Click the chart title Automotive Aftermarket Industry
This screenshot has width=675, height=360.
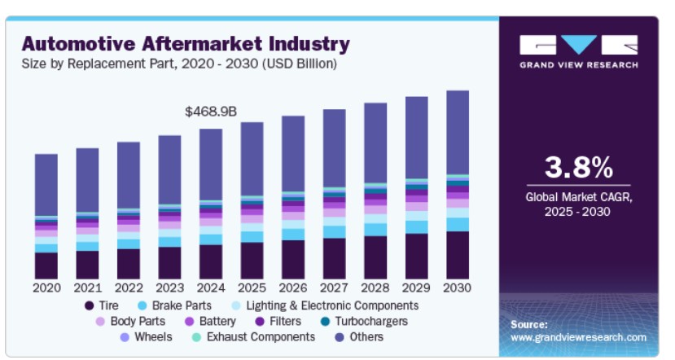point(186,43)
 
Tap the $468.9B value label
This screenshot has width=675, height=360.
point(210,111)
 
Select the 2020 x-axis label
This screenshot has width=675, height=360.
point(46,288)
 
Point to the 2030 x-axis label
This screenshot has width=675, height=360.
point(458,288)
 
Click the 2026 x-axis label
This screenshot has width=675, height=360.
point(293,288)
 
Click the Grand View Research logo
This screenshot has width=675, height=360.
point(578,50)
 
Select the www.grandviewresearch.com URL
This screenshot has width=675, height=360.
point(578,337)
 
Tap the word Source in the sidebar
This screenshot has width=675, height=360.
point(529,324)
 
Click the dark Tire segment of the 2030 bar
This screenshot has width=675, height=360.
point(458,255)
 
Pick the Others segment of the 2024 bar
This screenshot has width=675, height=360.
point(211,164)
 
